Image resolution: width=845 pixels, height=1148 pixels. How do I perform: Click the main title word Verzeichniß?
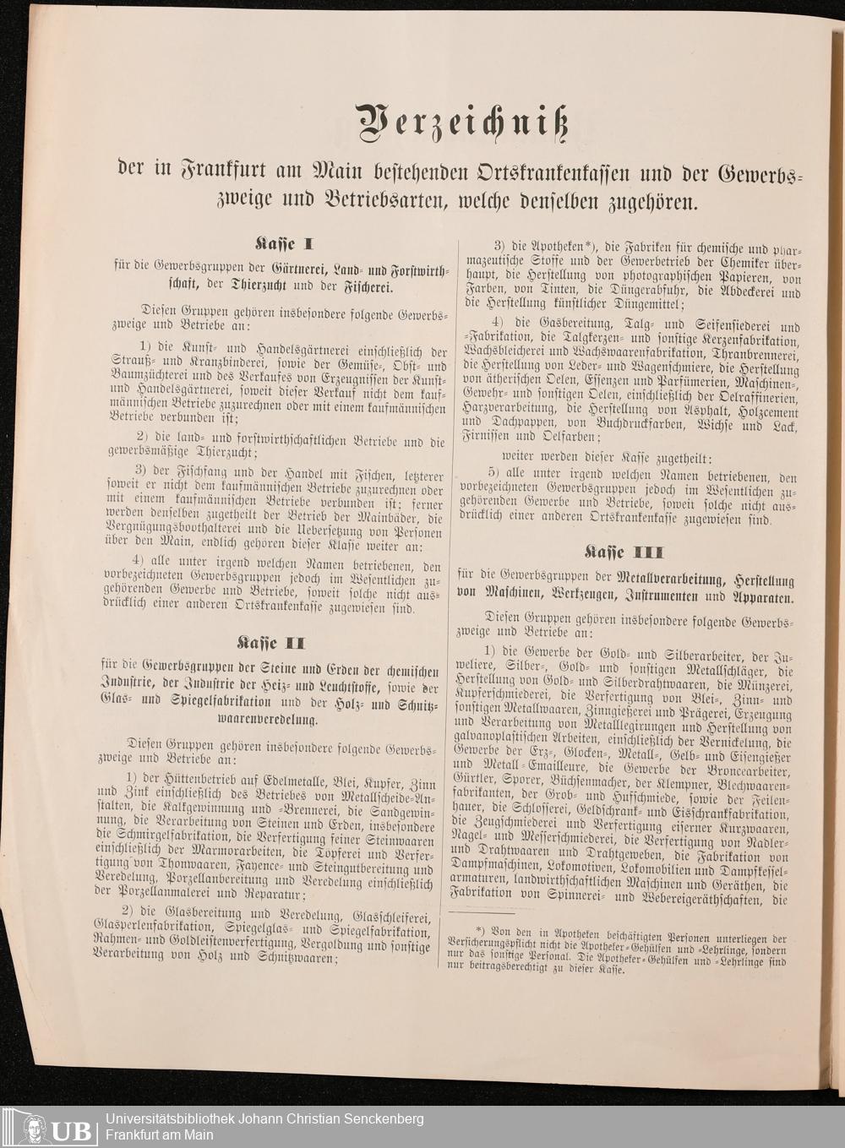coord(461,123)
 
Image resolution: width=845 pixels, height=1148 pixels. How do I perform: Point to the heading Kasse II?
coord(270,643)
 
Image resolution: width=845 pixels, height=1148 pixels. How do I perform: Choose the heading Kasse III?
coord(624,552)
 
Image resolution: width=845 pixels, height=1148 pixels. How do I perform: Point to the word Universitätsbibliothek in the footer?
coord(180,1119)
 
